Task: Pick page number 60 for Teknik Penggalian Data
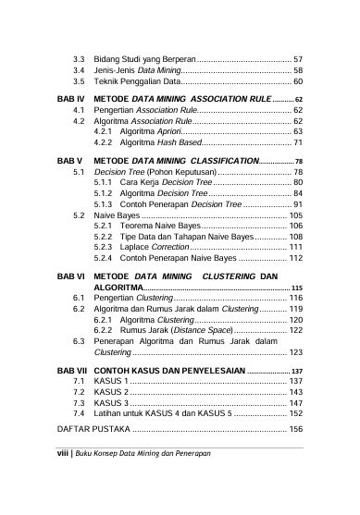click(x=298, y=81)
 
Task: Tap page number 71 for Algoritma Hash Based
click(x=298, y=144)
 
